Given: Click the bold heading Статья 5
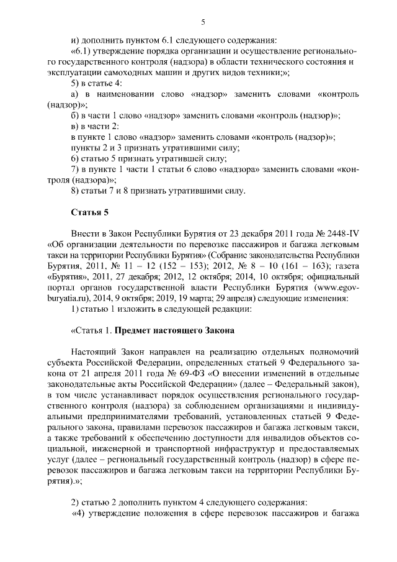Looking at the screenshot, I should point(89,213).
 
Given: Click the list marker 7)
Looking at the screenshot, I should point(75,169).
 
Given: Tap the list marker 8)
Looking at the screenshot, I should point(75,190).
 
